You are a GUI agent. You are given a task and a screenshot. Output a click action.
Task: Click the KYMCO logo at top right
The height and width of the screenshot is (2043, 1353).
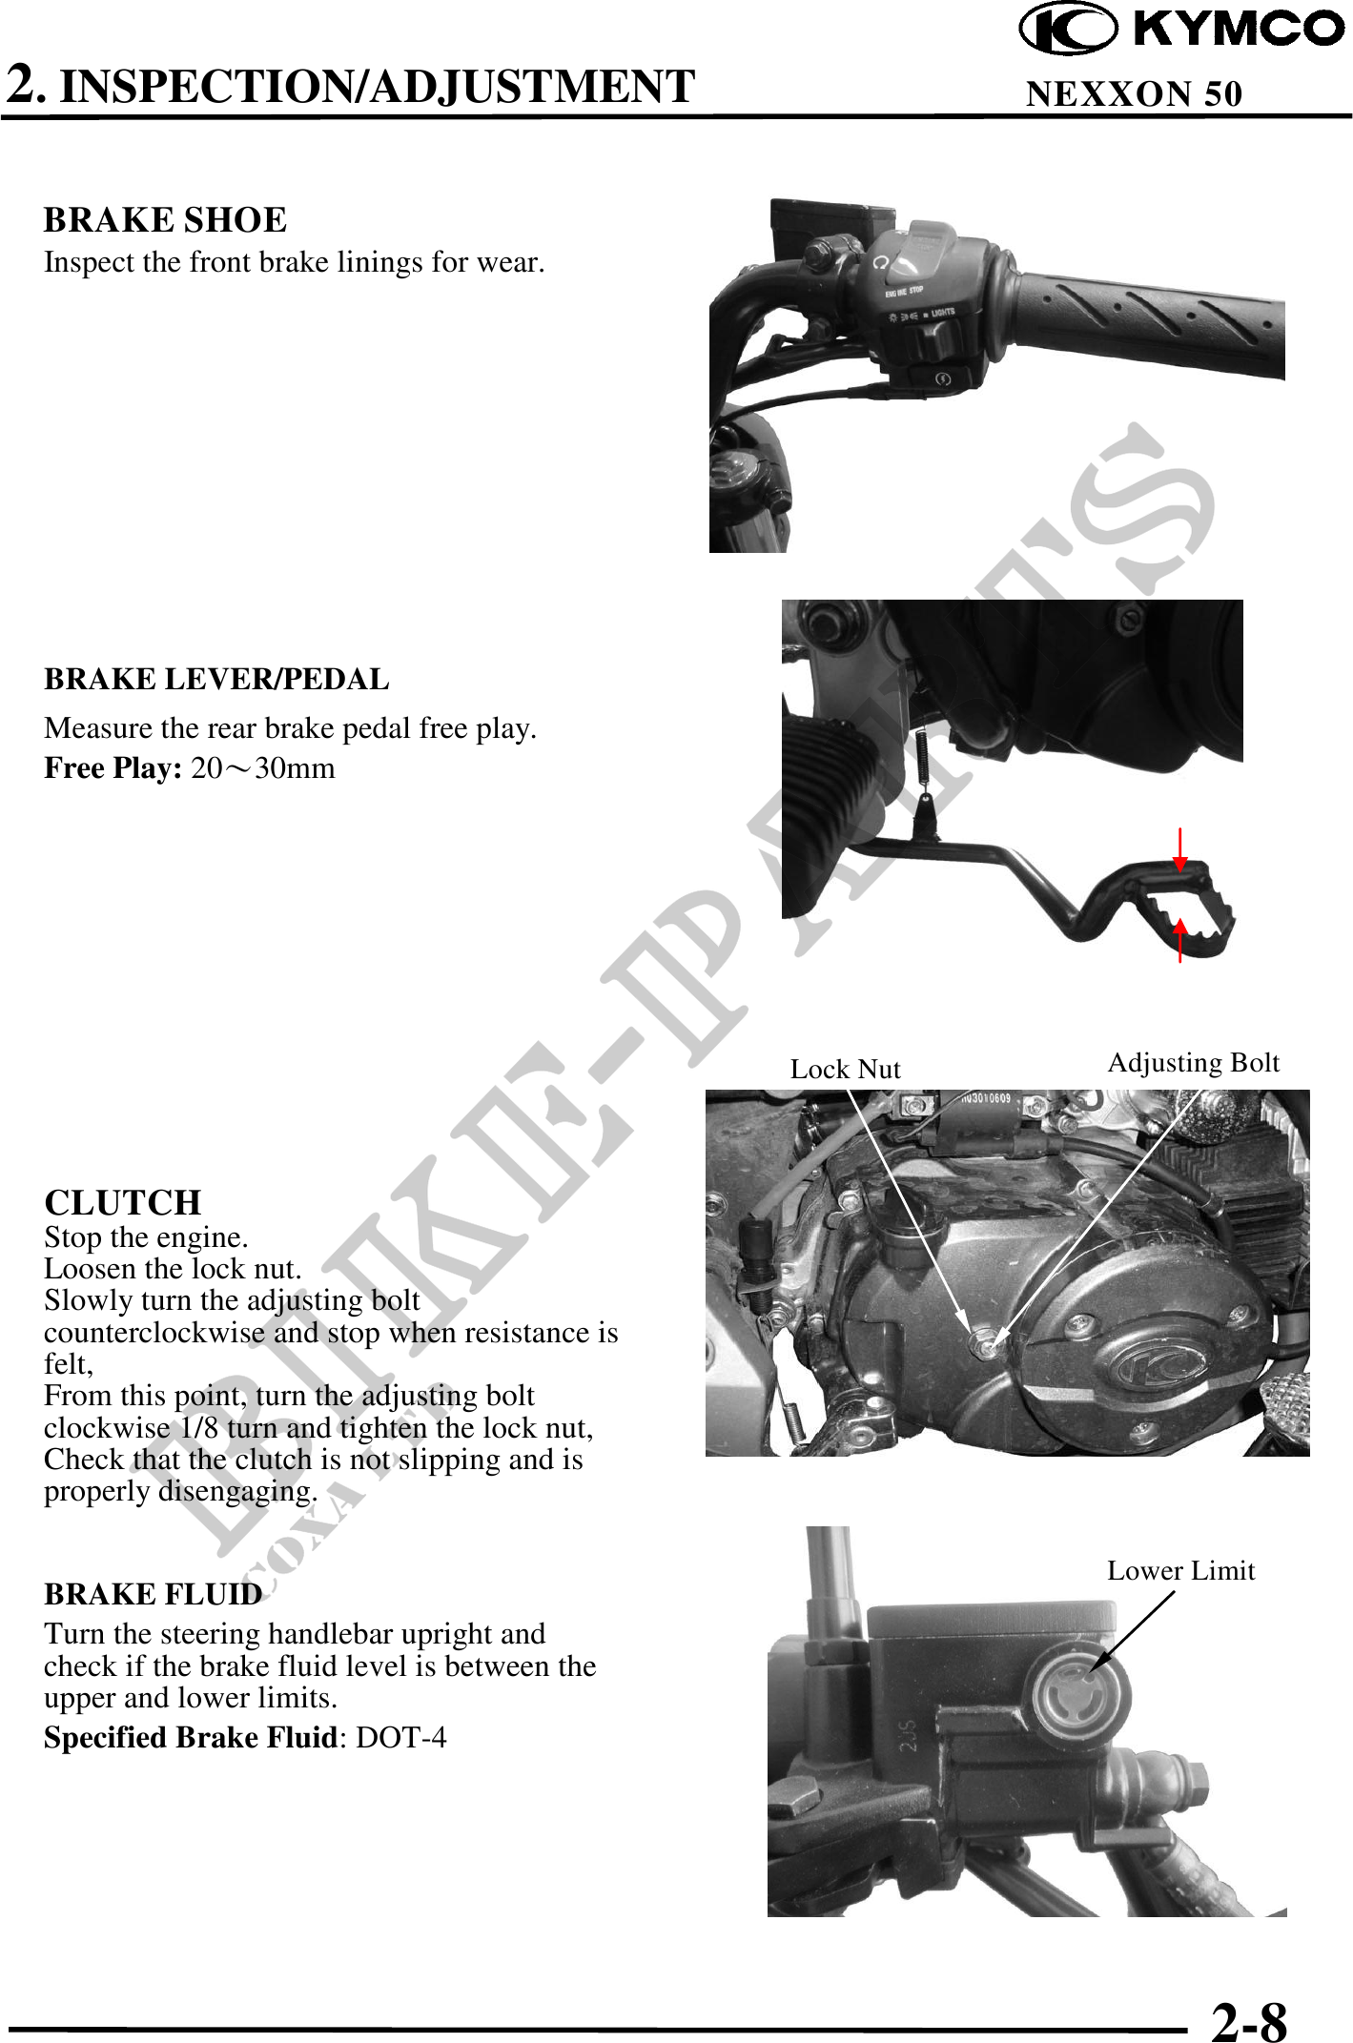click(x=1182, y=28)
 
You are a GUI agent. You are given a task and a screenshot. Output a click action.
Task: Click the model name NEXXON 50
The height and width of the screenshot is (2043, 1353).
click(x=1134, y=93)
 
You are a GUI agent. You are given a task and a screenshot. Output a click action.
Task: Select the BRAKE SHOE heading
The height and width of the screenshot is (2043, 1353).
click(x=165, y=220)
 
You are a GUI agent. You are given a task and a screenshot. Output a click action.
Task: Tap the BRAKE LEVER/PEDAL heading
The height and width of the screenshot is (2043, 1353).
click(x=216, y=679)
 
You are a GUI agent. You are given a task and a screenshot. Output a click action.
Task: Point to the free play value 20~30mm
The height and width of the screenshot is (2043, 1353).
click(x=263, y=768)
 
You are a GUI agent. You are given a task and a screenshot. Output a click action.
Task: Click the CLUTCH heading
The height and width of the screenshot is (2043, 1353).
click(x=123, y=1202)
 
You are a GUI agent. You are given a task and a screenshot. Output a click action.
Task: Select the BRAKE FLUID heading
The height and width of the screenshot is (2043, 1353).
click(x=154, y=1594)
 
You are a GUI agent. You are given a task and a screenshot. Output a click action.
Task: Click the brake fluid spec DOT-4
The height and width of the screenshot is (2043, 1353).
click(x=400, y=1737)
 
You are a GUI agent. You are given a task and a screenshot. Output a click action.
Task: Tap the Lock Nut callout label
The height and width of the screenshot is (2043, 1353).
click(x=845, y=1069)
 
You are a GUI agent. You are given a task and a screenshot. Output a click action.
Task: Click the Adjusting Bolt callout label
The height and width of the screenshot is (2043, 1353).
click(x=1193, y=1064)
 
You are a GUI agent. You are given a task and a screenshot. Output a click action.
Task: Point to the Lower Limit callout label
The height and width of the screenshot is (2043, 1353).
click(x=1180, y=1570)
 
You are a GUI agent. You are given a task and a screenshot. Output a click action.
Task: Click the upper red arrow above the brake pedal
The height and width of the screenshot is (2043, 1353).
click(x=1180, y=849)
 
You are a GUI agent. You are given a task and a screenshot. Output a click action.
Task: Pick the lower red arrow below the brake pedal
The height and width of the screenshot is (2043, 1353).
click(x=1180, y=940)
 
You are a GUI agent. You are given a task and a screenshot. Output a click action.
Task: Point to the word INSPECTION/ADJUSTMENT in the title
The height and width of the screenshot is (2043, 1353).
click(x=378, y=86)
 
